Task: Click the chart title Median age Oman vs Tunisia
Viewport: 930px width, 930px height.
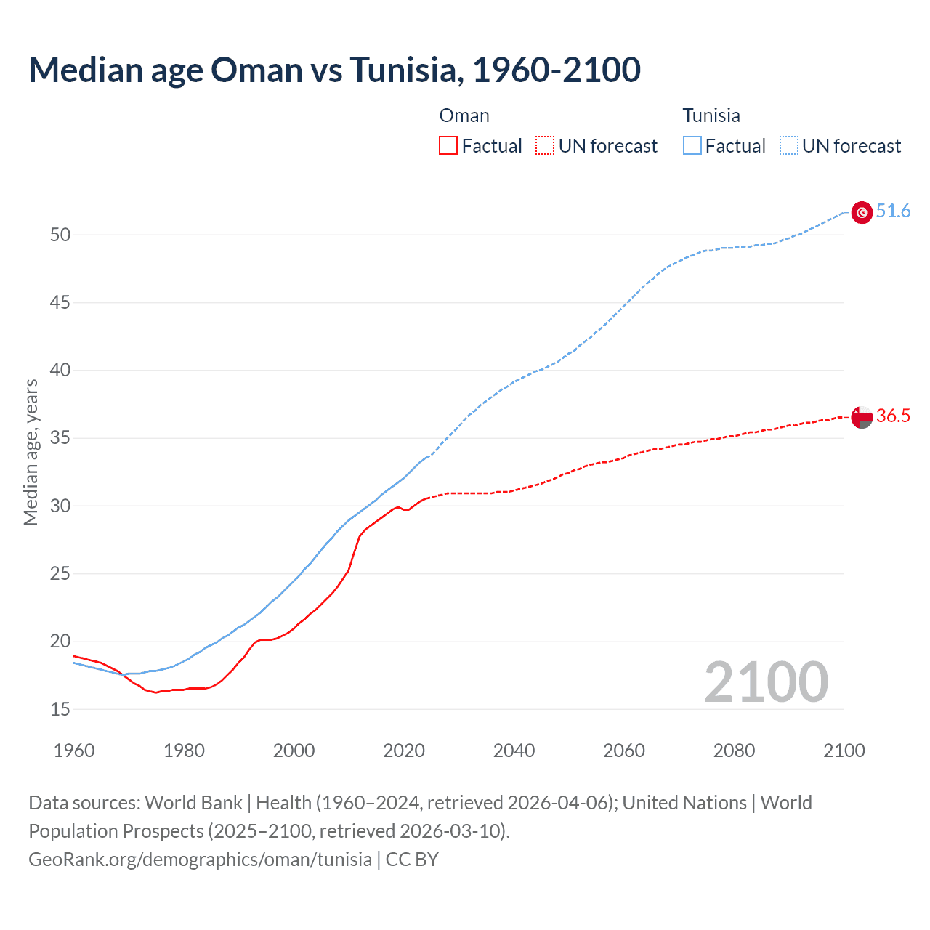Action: coord(334,70)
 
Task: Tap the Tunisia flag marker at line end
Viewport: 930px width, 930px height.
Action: coord(862,212)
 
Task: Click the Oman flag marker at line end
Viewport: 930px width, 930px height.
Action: coord(862,417)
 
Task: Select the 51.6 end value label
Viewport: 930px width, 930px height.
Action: coord(893,211)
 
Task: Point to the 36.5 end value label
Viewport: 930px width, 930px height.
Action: coord(893,416)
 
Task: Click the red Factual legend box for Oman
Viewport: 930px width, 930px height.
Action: coord(448,146)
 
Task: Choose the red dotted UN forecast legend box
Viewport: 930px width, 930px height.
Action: coord(545,146)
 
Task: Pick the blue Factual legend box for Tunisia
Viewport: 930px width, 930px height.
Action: coord(692,146)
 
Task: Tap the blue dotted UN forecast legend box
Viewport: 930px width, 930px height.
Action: coord(789,146)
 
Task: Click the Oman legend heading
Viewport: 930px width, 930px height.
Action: coord(464,116)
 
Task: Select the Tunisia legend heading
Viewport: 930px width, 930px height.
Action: coord(711,116)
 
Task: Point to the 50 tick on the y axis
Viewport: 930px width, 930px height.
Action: coord(60,235)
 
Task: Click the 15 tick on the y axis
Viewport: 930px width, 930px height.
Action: coord(60,709)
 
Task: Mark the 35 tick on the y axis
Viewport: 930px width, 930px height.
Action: coord(60,438)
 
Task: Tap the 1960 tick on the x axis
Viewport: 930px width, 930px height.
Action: coord(74,751)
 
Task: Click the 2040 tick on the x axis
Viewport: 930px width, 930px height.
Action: coord(514,751)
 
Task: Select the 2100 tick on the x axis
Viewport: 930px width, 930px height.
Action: coord(844,751)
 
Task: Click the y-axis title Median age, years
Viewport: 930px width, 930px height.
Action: coord(31,452)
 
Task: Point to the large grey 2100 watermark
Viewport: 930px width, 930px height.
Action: coord(766,682)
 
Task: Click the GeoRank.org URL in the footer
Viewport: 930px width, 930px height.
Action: coord(200,860)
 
